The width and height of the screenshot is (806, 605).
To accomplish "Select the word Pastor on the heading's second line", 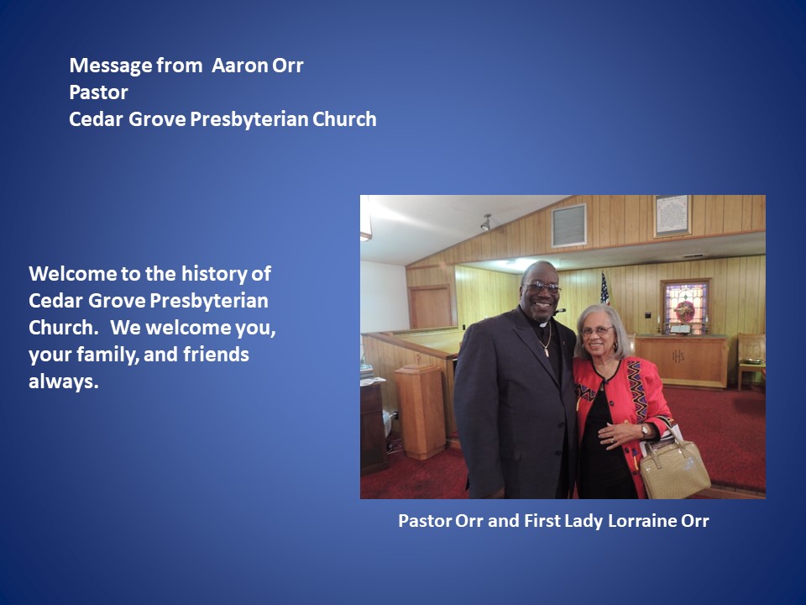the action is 99,92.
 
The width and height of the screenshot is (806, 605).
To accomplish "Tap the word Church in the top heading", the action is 344,119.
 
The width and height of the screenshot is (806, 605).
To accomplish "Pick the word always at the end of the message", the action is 63,381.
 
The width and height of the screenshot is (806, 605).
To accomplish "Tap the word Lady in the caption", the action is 584,521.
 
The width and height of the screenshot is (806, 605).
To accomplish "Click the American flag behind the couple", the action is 605,288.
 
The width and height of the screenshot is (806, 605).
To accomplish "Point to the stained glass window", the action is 686,307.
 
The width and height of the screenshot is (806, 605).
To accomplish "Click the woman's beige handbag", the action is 674,468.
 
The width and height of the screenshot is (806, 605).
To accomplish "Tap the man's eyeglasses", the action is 542,287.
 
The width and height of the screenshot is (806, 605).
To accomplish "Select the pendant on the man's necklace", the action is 547,351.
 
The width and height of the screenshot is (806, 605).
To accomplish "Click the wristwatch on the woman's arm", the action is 645,430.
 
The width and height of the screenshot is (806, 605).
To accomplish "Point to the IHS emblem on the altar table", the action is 678,355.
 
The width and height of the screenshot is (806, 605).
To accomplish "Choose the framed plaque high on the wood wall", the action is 673,216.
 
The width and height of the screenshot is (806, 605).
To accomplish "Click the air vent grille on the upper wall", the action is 569,225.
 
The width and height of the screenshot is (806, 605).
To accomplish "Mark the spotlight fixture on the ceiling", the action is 486,223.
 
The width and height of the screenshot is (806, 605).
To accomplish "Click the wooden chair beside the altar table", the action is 751,359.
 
